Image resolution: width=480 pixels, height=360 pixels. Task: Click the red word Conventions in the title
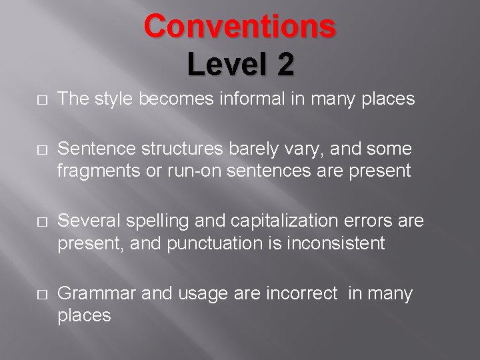click(x=240, y=27)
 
